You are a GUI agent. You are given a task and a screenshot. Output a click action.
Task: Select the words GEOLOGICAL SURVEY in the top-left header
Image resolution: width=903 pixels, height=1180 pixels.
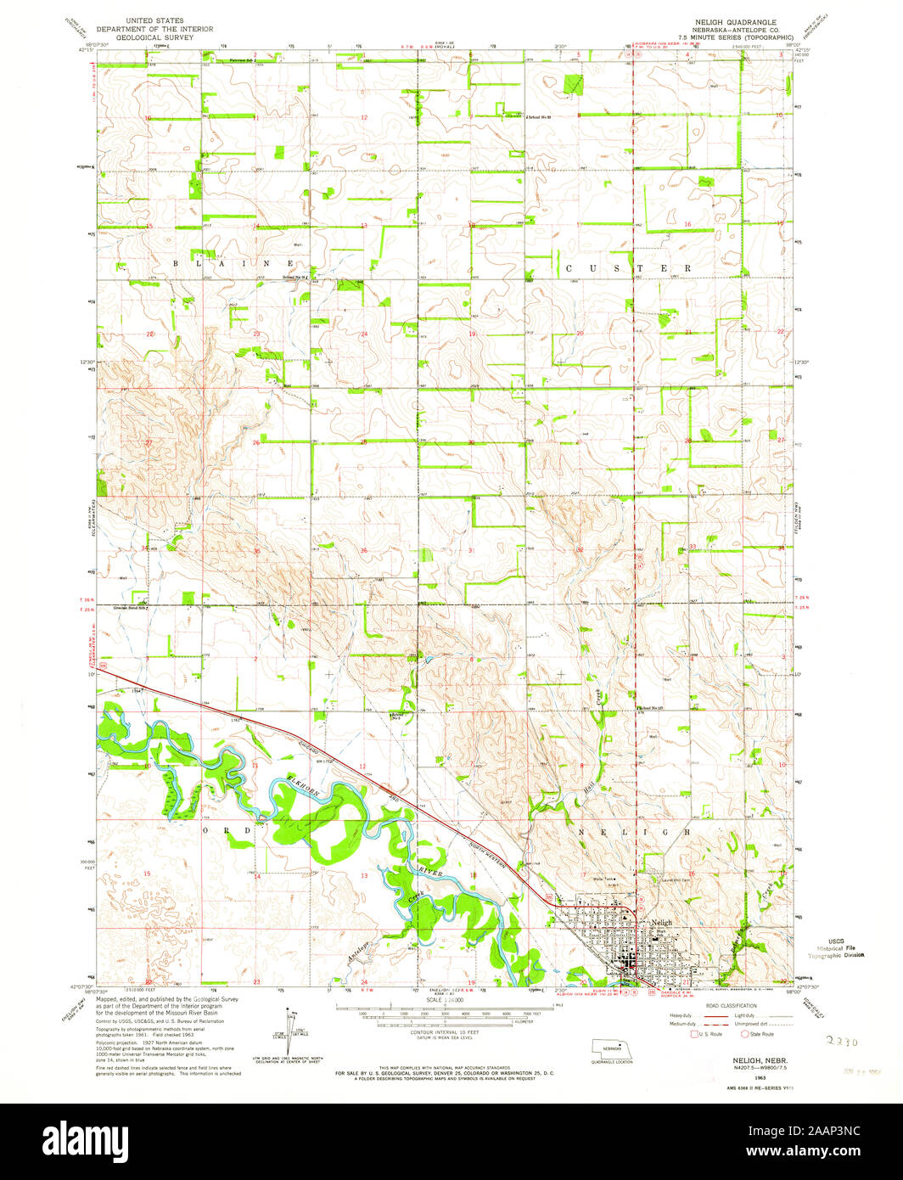click(154, 38)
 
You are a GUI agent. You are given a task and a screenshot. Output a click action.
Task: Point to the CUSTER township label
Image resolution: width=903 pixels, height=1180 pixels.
click(629, 267)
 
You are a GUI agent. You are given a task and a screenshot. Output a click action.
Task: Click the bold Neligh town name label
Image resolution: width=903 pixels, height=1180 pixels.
click(661, 923)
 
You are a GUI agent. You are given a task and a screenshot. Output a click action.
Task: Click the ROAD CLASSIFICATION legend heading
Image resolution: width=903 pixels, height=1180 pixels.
click(726, 1005)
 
